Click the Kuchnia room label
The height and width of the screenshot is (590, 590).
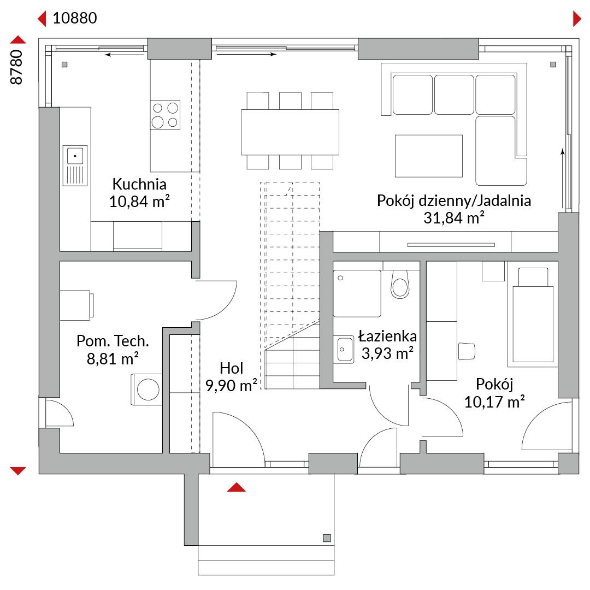coord(139,184)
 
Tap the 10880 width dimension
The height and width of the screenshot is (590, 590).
coord(74,18)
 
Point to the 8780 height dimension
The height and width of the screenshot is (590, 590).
coord(16,67)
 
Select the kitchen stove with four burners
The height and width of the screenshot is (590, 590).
coord(165,115)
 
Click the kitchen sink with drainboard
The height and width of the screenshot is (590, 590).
coord(75,166)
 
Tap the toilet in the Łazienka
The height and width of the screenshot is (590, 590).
coord(399,285)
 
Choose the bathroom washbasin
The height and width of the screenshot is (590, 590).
coord(344,350)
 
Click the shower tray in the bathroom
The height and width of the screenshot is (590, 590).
coord(357,293)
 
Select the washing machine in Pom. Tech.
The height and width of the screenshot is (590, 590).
coord(147,390)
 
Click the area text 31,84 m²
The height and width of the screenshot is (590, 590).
coord(453,218)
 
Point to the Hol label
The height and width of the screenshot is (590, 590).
coord(232,368)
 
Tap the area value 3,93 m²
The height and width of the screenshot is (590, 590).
coord(387,353)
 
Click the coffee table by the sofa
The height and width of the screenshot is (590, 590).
coord(429,156)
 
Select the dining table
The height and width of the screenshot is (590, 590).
coord(290,132)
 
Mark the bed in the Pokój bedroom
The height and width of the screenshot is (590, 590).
coord(533,315)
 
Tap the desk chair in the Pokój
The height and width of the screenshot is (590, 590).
coord(467,351)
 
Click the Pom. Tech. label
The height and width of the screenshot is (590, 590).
coord(113,341)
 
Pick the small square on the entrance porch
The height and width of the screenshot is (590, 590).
coord(327,538)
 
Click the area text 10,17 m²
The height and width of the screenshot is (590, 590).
coord(494,402)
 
